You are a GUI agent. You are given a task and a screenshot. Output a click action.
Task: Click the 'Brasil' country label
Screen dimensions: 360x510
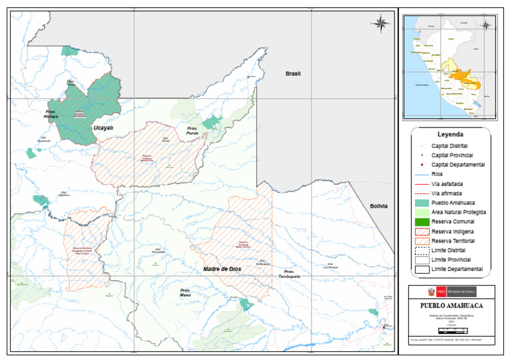[293, 74]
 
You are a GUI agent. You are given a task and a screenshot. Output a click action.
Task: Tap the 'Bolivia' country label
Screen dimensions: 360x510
[378, 207]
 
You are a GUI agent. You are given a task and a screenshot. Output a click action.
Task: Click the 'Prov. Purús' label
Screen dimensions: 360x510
[193, 131]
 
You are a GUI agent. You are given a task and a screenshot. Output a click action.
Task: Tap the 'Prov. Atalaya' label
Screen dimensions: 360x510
[52, 114]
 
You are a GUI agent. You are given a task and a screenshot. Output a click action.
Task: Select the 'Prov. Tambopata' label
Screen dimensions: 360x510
[289, 274]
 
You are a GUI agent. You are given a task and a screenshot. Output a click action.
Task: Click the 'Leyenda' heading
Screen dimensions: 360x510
[450, 134]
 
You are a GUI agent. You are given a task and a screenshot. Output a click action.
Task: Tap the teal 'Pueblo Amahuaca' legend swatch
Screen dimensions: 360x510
[422, 202]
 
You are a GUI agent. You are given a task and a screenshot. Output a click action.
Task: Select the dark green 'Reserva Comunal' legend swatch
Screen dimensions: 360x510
[422, 221]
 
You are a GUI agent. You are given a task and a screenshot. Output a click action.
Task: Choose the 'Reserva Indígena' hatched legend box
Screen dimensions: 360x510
[422, 231]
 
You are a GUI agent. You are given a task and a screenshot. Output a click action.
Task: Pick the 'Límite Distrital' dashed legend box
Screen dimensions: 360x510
[422, 250]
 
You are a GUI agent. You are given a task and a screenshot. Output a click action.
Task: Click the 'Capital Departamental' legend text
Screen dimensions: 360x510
[458, 164]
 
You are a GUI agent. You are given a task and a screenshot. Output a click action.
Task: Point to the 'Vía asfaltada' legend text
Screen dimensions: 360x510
[452, 183]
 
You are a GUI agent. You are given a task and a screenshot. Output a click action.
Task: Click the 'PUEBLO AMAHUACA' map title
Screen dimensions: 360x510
[451, 306]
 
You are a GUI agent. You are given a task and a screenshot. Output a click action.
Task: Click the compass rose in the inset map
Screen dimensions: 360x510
[486, 25]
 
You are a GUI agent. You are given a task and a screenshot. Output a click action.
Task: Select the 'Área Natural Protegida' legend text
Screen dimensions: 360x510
[459, 212]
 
